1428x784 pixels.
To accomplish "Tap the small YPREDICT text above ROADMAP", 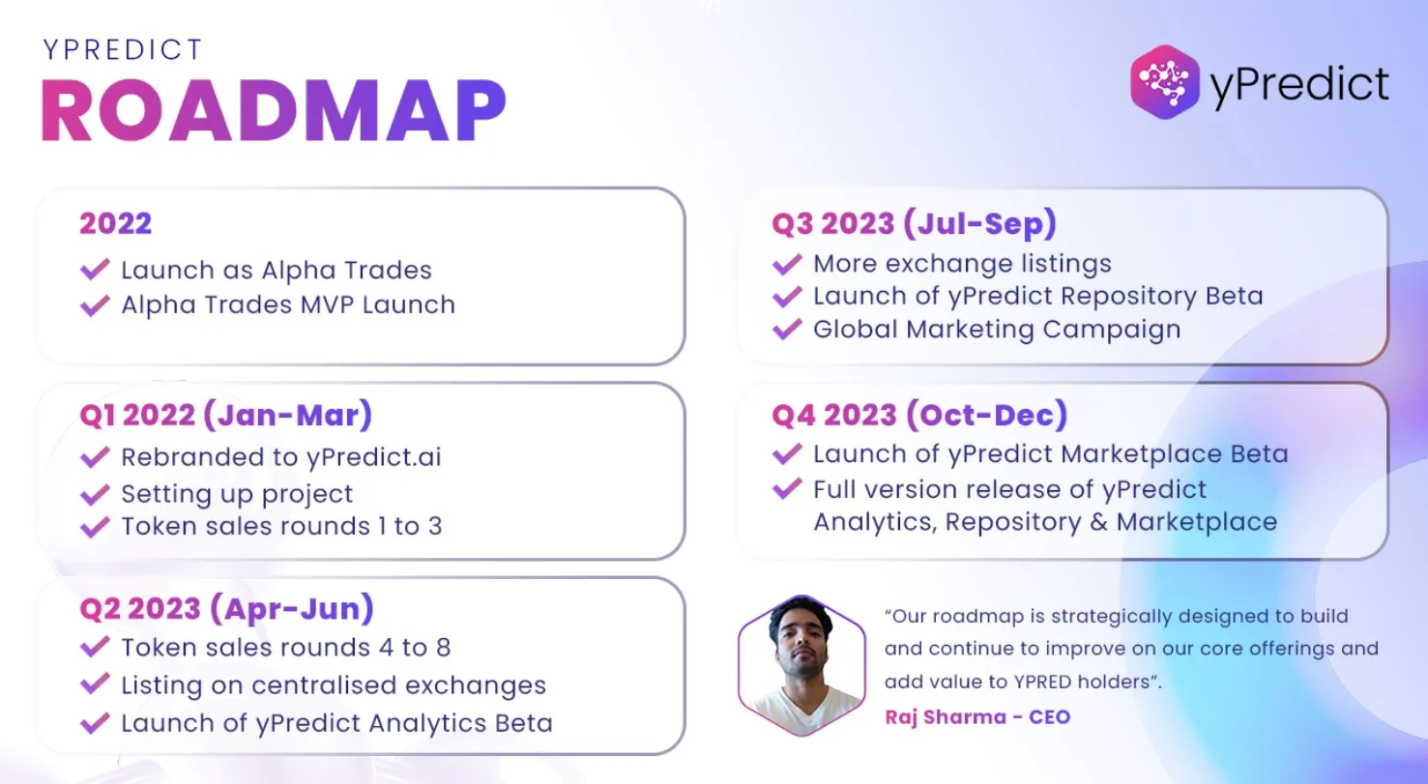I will (x=123, y=49).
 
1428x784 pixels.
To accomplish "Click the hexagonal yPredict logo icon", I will (x=1165, y=83).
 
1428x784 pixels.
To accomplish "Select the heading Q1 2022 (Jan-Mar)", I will (x=225, y=415).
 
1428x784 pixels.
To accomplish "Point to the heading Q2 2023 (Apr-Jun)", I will (x=226, y=609).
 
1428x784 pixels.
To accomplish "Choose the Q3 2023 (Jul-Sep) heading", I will (x=914, y=223).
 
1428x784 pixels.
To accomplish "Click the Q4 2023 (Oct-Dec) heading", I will (x=918, y=415).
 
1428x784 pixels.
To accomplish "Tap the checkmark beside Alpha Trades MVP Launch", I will (x=95, y=305).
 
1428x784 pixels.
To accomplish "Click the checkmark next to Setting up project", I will (x=95, y=494).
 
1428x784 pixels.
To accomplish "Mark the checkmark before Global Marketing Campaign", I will (x=787, y=329).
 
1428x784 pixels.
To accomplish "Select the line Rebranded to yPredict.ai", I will (x=280, y=457).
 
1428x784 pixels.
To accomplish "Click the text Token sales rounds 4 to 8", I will (x=285, y=647).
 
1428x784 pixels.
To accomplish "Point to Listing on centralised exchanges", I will (x=333, y=685).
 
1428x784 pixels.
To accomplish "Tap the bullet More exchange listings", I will (x=962, y=263).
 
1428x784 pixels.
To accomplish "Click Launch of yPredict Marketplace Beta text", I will (x=1050, y=453).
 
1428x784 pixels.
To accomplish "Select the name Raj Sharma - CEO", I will (x=977, y=716).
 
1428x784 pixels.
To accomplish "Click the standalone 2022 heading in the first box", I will (x=115, y=223).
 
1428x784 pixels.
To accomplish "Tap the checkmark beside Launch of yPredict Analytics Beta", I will (x=95, y=723).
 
